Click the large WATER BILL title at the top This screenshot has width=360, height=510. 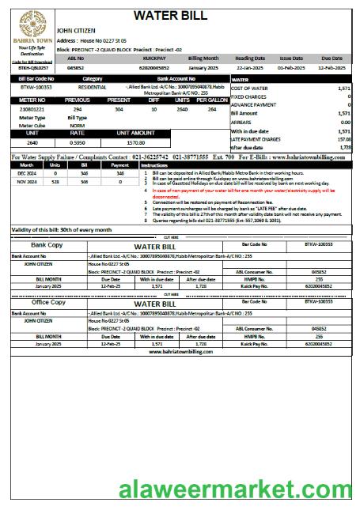pos(181,15)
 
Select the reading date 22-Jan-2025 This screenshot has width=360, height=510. pos(249,68)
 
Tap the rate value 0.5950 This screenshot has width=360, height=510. pos(77,143)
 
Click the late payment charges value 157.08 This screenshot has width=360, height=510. pos(343,139)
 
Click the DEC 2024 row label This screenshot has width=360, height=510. pos(27,172)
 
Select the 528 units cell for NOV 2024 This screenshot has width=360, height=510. pos(55,181)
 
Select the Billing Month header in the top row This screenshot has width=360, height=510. pos(203,59)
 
